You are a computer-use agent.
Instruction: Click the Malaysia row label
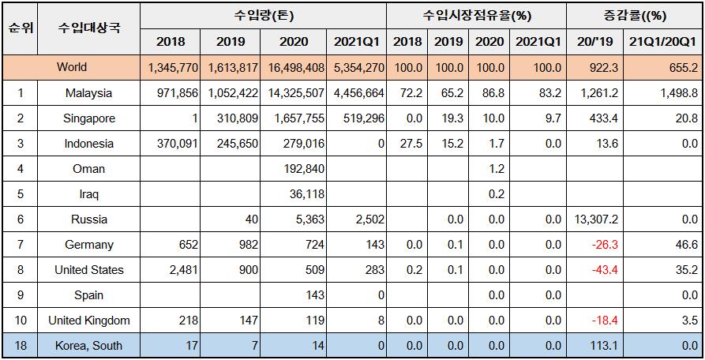pyautogui.click(x=89, y=93)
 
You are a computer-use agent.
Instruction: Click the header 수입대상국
pyautogui.click(x=89, y=28)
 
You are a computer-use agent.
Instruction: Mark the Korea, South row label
pyautogui.click(x=89, y=346)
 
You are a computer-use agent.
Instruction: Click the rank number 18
pyautogui.click(x=19, y=346)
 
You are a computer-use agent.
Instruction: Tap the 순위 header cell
pyautogui.click(x=19, y=28)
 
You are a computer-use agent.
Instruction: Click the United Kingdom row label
pyautogui.click(x=89, y=321)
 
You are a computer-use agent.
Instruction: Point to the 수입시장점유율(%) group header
pyautogui.click(x=476, y=15)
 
